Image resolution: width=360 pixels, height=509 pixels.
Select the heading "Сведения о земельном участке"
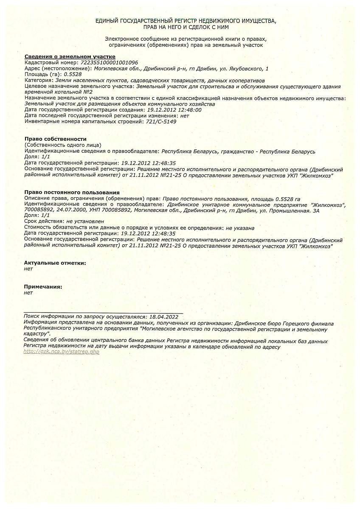click(70, 56)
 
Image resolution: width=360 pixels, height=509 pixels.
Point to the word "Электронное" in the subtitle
click(121, 39)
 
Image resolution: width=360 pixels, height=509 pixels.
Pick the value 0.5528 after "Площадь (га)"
click(72, 74)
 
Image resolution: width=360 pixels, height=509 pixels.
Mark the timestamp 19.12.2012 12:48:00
click(174, 110)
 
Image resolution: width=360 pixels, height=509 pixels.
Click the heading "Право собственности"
click(55, 139)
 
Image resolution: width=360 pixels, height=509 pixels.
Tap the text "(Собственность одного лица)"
click(63, 145)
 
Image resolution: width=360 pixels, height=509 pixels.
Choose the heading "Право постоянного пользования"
click(72, 193)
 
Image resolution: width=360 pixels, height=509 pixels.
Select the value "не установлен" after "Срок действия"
click(85, 221)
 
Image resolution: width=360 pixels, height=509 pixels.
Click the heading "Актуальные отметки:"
click(55, 263)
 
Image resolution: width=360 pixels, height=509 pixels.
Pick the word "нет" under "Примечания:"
click(28, 293)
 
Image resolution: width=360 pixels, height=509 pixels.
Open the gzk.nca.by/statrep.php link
click(62, 352)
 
